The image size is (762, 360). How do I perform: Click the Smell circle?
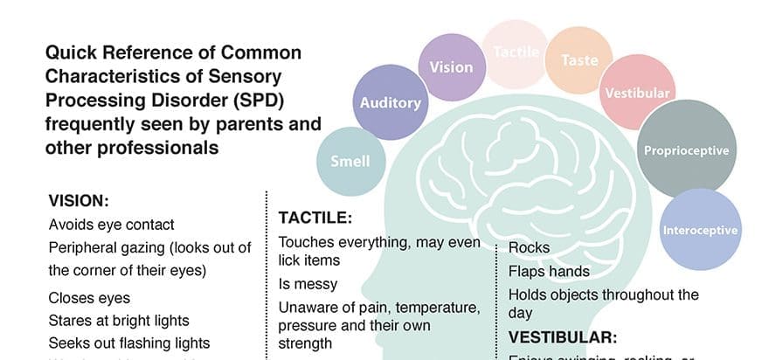pos(350,160)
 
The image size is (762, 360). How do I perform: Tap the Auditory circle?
pos(390,103)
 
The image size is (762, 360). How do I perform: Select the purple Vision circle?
pos(452,66)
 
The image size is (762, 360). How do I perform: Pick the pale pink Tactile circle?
pos(516,53)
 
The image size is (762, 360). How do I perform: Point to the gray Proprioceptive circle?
pos(685,149)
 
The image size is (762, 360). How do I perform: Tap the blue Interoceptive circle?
pos(700,230)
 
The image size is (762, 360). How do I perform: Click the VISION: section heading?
pos(79,200)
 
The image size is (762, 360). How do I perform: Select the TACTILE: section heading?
pos(315,218)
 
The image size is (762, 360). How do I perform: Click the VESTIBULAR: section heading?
pos(563,336)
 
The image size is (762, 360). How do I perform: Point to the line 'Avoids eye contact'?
pos(112,225)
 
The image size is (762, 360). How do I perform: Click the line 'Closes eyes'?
pos(90,298)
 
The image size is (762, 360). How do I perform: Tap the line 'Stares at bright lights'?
pos(119,321)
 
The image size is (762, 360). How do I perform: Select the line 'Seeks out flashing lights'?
pos(129,343)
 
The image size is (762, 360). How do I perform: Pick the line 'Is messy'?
pos(308,284)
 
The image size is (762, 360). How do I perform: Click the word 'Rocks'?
pos(530,248)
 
